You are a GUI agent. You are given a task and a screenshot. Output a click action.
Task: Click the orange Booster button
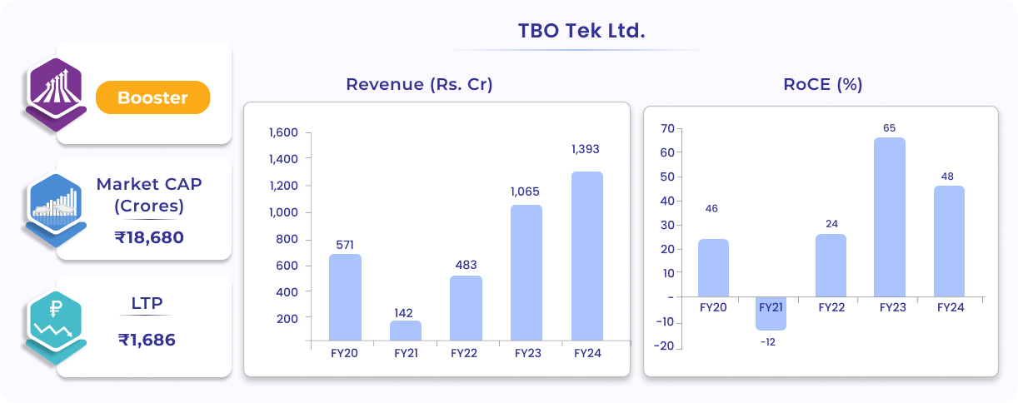tap(152, 97)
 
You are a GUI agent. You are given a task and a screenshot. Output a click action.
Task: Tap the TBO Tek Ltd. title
tap(581, 32)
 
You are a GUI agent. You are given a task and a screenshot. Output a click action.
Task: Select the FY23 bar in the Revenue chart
tap(526, 272)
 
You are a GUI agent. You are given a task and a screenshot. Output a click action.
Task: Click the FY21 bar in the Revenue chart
tap(406, 331)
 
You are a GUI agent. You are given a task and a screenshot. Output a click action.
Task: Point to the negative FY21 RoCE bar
tap(771, 313)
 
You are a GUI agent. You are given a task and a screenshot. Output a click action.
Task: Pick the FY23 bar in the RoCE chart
tap(889, 216)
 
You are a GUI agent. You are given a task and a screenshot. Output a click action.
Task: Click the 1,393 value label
tap(585, 149)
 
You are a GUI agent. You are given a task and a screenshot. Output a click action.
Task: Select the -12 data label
tap(768, 342)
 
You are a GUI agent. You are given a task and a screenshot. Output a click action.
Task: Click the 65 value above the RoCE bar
tap(889, 127)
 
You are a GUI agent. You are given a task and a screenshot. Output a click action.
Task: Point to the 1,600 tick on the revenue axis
tap(283, 132)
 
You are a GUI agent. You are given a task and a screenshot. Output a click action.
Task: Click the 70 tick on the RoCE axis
tap(666, 128)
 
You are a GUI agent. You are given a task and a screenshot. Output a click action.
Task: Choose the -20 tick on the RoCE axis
tap(663, 347)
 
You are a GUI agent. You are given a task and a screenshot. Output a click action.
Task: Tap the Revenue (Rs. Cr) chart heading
tap(419, 84)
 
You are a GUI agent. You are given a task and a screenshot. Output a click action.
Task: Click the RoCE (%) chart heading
tap(822, 84)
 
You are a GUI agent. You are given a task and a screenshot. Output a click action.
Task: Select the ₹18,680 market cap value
tap(149, 237)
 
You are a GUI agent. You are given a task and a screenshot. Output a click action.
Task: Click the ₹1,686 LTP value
tap(147, 340)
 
